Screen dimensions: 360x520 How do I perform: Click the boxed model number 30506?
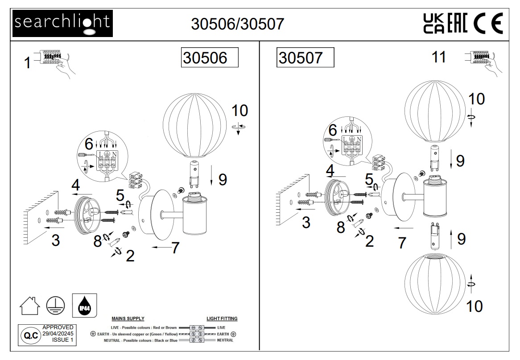[209, 58]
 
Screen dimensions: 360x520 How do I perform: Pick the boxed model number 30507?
[305, 58]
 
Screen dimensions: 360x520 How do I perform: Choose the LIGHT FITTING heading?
[222, 319]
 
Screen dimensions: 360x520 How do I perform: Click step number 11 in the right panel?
[439, 57]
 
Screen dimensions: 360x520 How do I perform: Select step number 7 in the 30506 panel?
[175, 248]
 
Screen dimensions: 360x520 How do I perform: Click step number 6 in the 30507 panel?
[332, 130]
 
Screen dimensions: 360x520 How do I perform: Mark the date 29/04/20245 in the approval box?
[58, 333]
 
